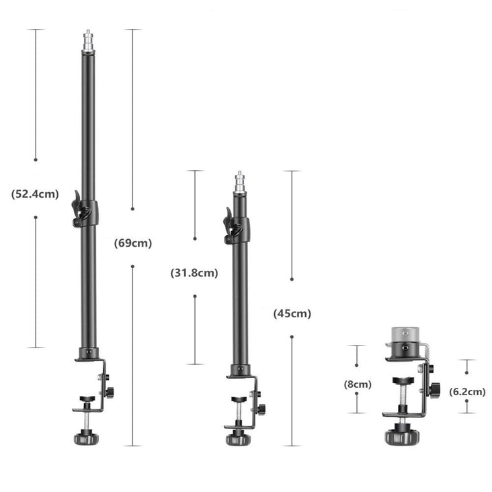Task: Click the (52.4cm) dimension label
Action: [35, 194]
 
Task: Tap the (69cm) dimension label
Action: [132, 243]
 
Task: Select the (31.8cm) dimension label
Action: [194, 273]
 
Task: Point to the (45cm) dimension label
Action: [292, 313]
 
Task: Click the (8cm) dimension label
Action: [358, 384]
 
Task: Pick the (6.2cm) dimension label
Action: [467, 391]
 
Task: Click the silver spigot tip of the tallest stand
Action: [88, 41]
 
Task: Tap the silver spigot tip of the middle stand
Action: [240, 182]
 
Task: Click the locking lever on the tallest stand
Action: [80, 208]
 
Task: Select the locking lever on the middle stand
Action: [232, 226]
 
